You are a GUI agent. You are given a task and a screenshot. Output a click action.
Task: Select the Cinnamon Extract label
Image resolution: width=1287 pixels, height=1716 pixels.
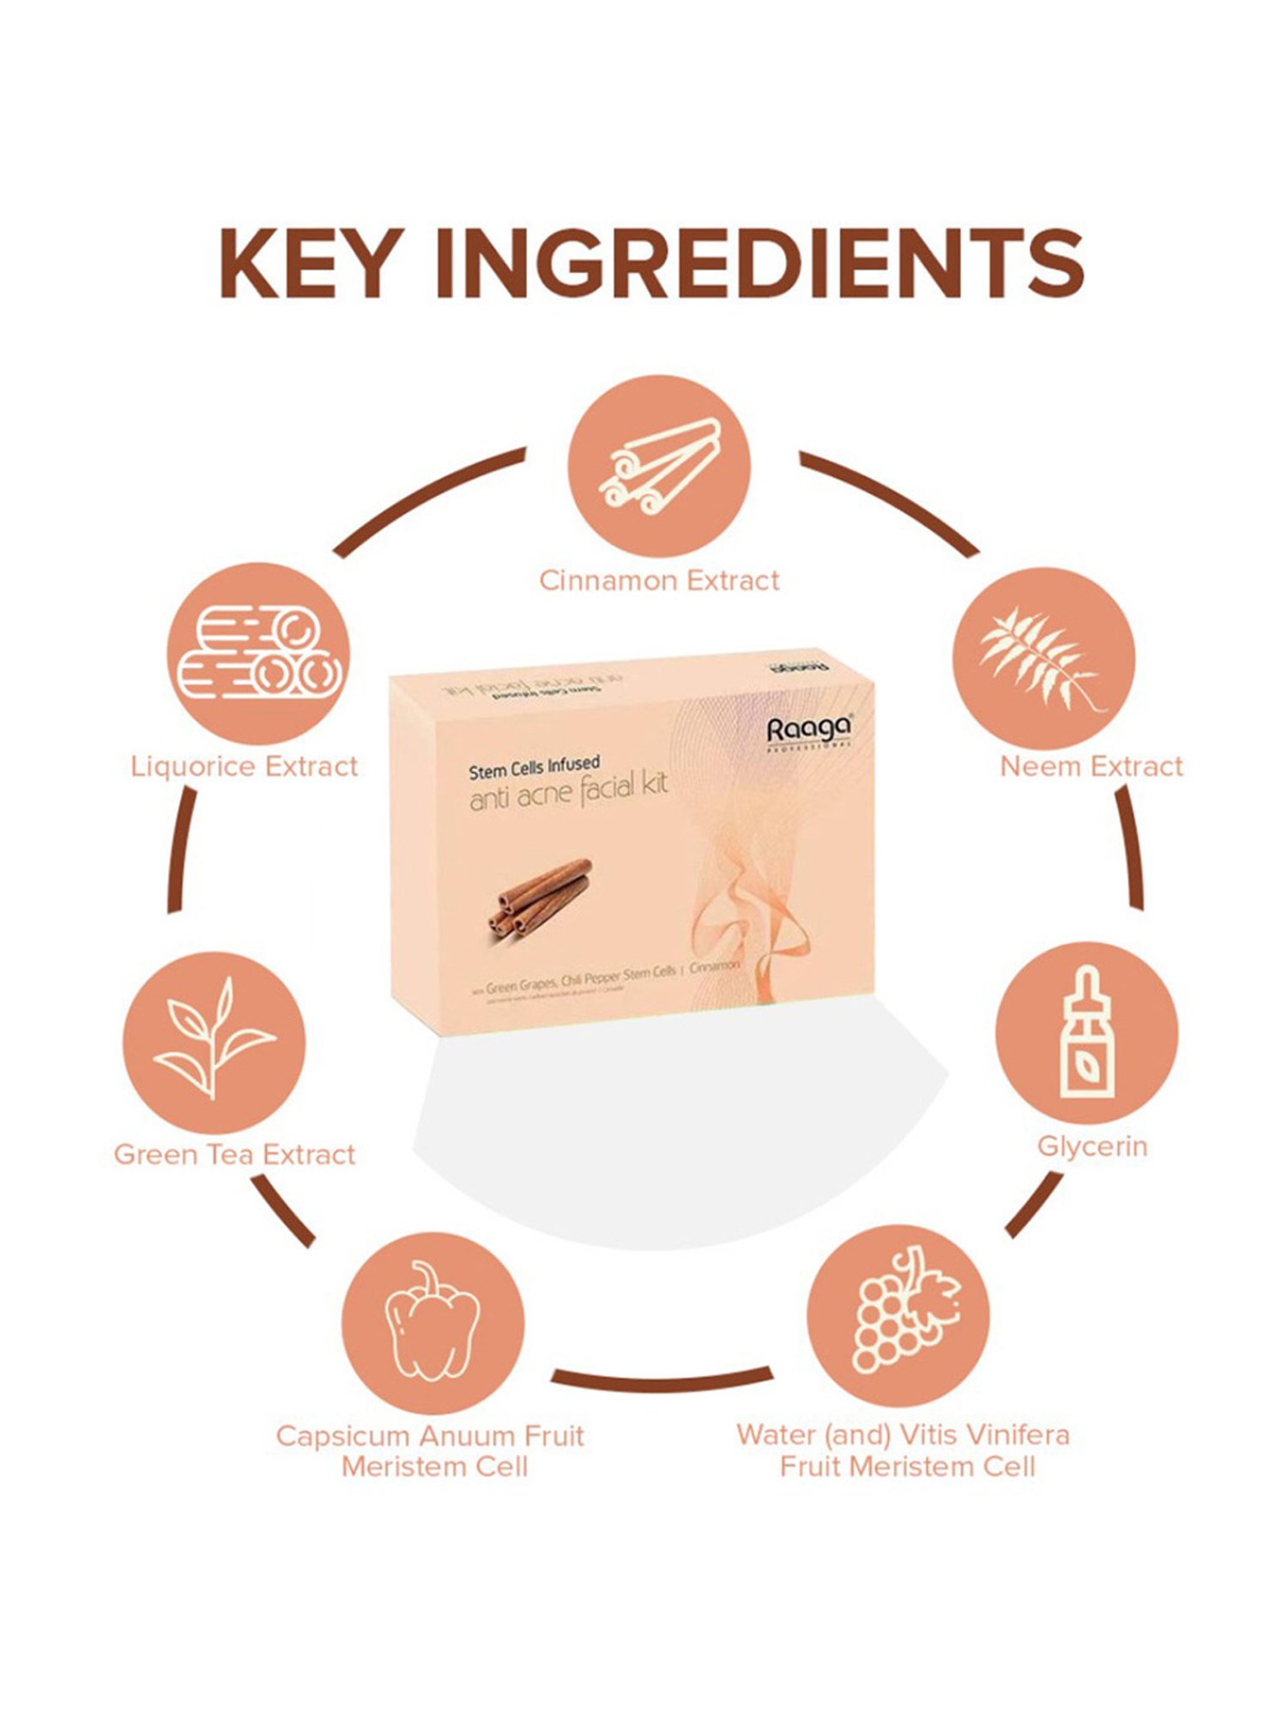coord(659,581)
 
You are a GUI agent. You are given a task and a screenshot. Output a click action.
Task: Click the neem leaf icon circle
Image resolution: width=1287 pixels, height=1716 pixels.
coord(1044,658)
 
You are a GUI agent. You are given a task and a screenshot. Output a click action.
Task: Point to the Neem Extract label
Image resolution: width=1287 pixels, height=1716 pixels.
coord(1091,766)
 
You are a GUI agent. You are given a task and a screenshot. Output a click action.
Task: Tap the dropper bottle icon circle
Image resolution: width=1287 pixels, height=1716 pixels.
coord(1087,1032)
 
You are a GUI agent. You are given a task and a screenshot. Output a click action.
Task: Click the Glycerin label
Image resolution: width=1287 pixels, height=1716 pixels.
coord(1092,1146)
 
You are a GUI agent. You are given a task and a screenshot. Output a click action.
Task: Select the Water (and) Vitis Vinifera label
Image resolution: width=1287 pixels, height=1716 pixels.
coord(903,1435)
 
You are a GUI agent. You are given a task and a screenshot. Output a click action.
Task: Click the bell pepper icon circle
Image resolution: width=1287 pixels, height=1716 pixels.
coord(433,1323)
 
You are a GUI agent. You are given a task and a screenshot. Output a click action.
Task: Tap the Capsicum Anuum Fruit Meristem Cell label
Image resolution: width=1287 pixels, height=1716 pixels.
coord(431,1451)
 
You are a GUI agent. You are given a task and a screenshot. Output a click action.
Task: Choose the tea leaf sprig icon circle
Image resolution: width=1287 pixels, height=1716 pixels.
coord(214,1042)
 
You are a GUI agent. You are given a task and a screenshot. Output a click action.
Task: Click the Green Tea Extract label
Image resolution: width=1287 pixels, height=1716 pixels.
coord(234,1155)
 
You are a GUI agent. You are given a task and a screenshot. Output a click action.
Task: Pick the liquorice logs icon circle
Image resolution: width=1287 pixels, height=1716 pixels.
coord(258,654)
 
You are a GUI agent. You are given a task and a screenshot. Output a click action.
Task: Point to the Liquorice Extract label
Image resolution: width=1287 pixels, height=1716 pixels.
coord(245,766)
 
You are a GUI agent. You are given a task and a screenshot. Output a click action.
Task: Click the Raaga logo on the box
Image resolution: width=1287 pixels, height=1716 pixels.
coord(809,731)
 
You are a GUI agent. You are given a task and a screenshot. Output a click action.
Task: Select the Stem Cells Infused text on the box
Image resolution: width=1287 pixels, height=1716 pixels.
coord(534,767)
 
